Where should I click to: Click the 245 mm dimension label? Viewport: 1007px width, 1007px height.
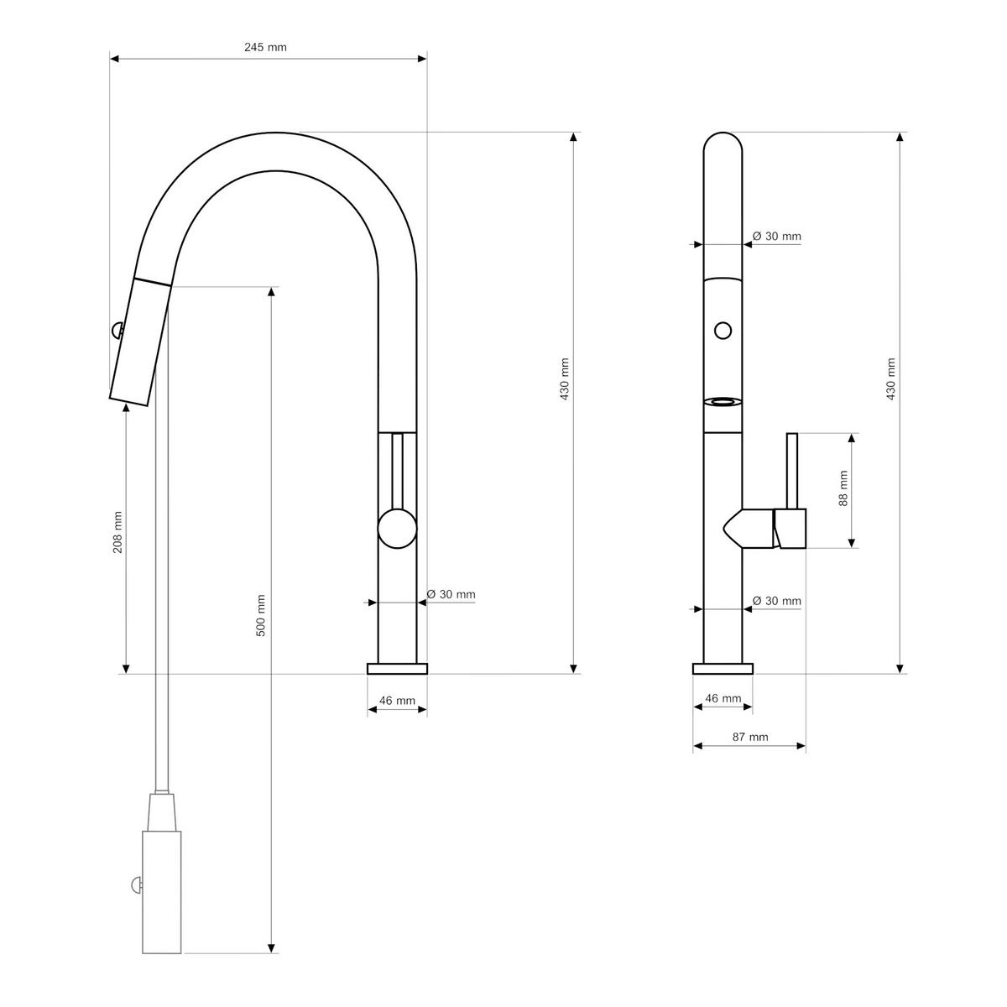265,47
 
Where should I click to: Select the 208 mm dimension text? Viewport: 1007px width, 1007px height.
118,532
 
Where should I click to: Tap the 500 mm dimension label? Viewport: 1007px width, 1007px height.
260,614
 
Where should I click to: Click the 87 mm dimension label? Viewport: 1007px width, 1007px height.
750,738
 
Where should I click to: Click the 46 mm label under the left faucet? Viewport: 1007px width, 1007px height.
398,701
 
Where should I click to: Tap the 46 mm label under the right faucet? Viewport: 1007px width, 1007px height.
723,698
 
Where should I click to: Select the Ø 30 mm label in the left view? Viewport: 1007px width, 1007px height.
451,595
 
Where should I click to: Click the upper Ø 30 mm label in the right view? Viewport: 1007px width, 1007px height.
776,237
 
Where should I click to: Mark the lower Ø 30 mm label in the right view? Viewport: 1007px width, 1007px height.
776,601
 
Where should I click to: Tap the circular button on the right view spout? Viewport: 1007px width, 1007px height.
722,330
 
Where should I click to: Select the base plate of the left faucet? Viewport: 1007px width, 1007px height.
397,668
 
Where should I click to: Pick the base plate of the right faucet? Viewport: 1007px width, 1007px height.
723,668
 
